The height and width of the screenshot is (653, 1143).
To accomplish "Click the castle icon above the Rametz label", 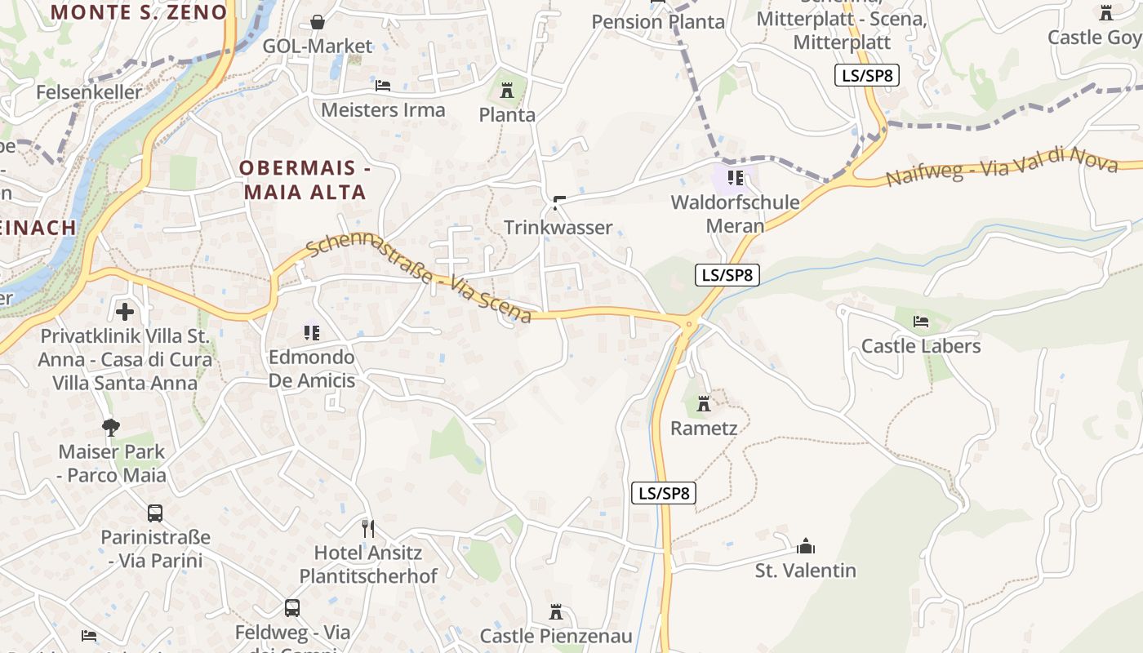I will pyautogui.click(x=704, y=403).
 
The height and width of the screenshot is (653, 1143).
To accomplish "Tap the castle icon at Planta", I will pyautogui.click(x=507, y=90).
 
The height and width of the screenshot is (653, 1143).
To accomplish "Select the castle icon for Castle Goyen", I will pyautogui.click(x=1106, y=13).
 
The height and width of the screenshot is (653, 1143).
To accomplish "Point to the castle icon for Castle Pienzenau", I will pyautogui.click(x=556, y=612).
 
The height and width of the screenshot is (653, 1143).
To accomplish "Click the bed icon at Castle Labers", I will pyautogui.click(x=921, y=322).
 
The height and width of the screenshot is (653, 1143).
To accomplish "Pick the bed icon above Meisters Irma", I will pyautogui.click(x=383, y=86).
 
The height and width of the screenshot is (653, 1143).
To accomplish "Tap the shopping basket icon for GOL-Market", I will pyautogui.click(x=318, y=22).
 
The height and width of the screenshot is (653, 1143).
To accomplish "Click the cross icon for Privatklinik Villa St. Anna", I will pyautogui.click(x=125, y=311).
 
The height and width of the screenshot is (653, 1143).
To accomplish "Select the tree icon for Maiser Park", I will pyautogui.click(x=111, y=427).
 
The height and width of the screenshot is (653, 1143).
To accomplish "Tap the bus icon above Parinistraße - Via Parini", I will pyautogui.click(x=155, y=513).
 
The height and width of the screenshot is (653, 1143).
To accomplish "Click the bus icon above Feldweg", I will pyautogui.click(x=292, y=608).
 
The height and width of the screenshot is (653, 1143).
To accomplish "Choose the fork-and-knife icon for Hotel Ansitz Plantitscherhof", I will pyautogui.click(x=368, y=529).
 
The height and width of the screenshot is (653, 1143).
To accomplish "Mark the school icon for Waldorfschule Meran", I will pyautogui.click(x=735, y=178).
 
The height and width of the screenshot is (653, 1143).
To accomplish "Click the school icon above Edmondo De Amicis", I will pyautogui.click(x=311, y=333).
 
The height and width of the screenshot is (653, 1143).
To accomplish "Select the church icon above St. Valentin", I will pyautogui.click(x=806, y=546).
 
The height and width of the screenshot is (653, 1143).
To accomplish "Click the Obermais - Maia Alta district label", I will pyautogui.click(x=305, y=180).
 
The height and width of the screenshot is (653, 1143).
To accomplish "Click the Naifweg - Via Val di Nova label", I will pyautogui.click(x=1001, y=167).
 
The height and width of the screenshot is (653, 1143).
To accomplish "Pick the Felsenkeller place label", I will pyautogui.click(x=89, y=92).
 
